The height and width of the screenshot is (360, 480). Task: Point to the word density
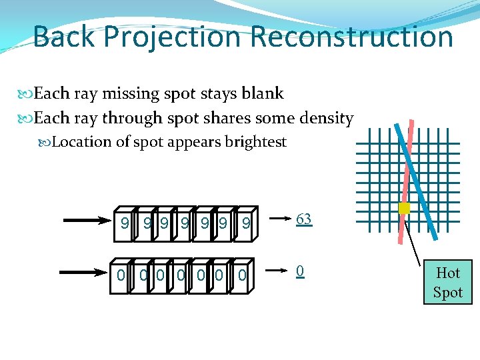(x=326, y=119)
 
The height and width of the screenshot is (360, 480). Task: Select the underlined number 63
(x=304, y=219)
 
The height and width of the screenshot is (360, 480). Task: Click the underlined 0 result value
(x=301, y=271)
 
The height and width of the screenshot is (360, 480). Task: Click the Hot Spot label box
(x=447, y=282)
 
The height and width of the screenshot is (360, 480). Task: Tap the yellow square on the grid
(x=403, y=208)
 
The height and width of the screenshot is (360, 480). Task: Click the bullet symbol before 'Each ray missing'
(x=27, y=94)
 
